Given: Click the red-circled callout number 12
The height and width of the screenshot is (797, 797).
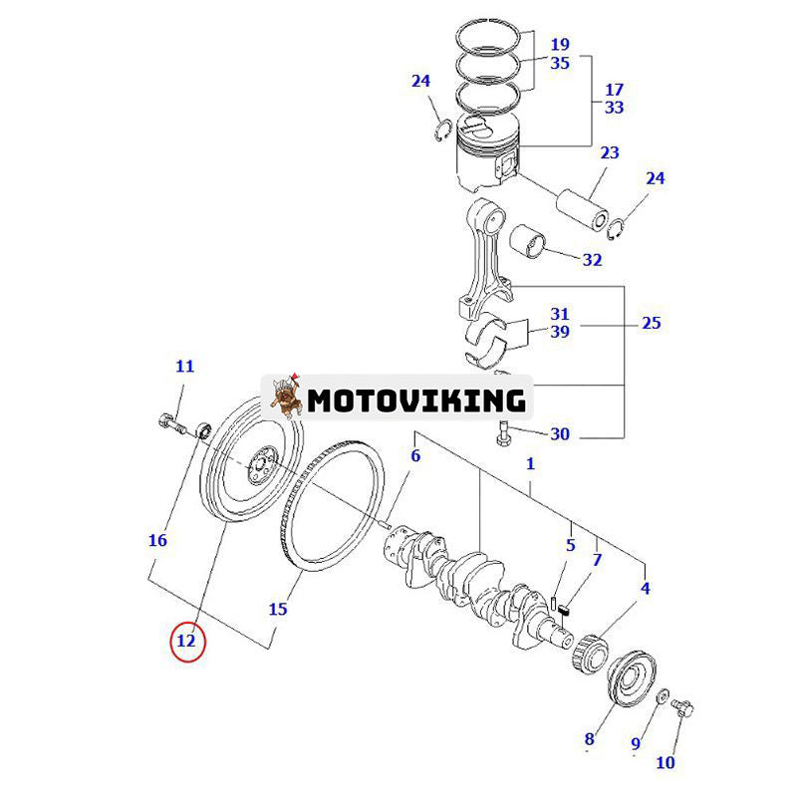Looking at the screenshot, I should coord(186,641).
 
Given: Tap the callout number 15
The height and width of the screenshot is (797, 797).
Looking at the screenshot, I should coord(278,607).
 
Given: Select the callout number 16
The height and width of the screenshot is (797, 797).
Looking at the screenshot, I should coord(157,540).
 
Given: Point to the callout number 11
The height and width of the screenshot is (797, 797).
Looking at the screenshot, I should coord(185,366).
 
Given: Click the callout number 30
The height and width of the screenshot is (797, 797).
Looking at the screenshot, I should coord(560,433).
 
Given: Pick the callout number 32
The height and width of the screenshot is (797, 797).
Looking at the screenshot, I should coord(592,260).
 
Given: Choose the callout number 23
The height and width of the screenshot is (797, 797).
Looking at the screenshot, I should coord(609,152).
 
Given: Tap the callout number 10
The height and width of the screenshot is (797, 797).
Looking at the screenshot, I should coord(665,762).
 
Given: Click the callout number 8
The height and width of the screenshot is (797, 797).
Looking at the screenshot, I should coord(589,738).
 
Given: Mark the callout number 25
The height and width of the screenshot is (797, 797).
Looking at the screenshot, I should coord(652,323).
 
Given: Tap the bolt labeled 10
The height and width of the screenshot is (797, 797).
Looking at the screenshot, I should coord(684,708).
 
